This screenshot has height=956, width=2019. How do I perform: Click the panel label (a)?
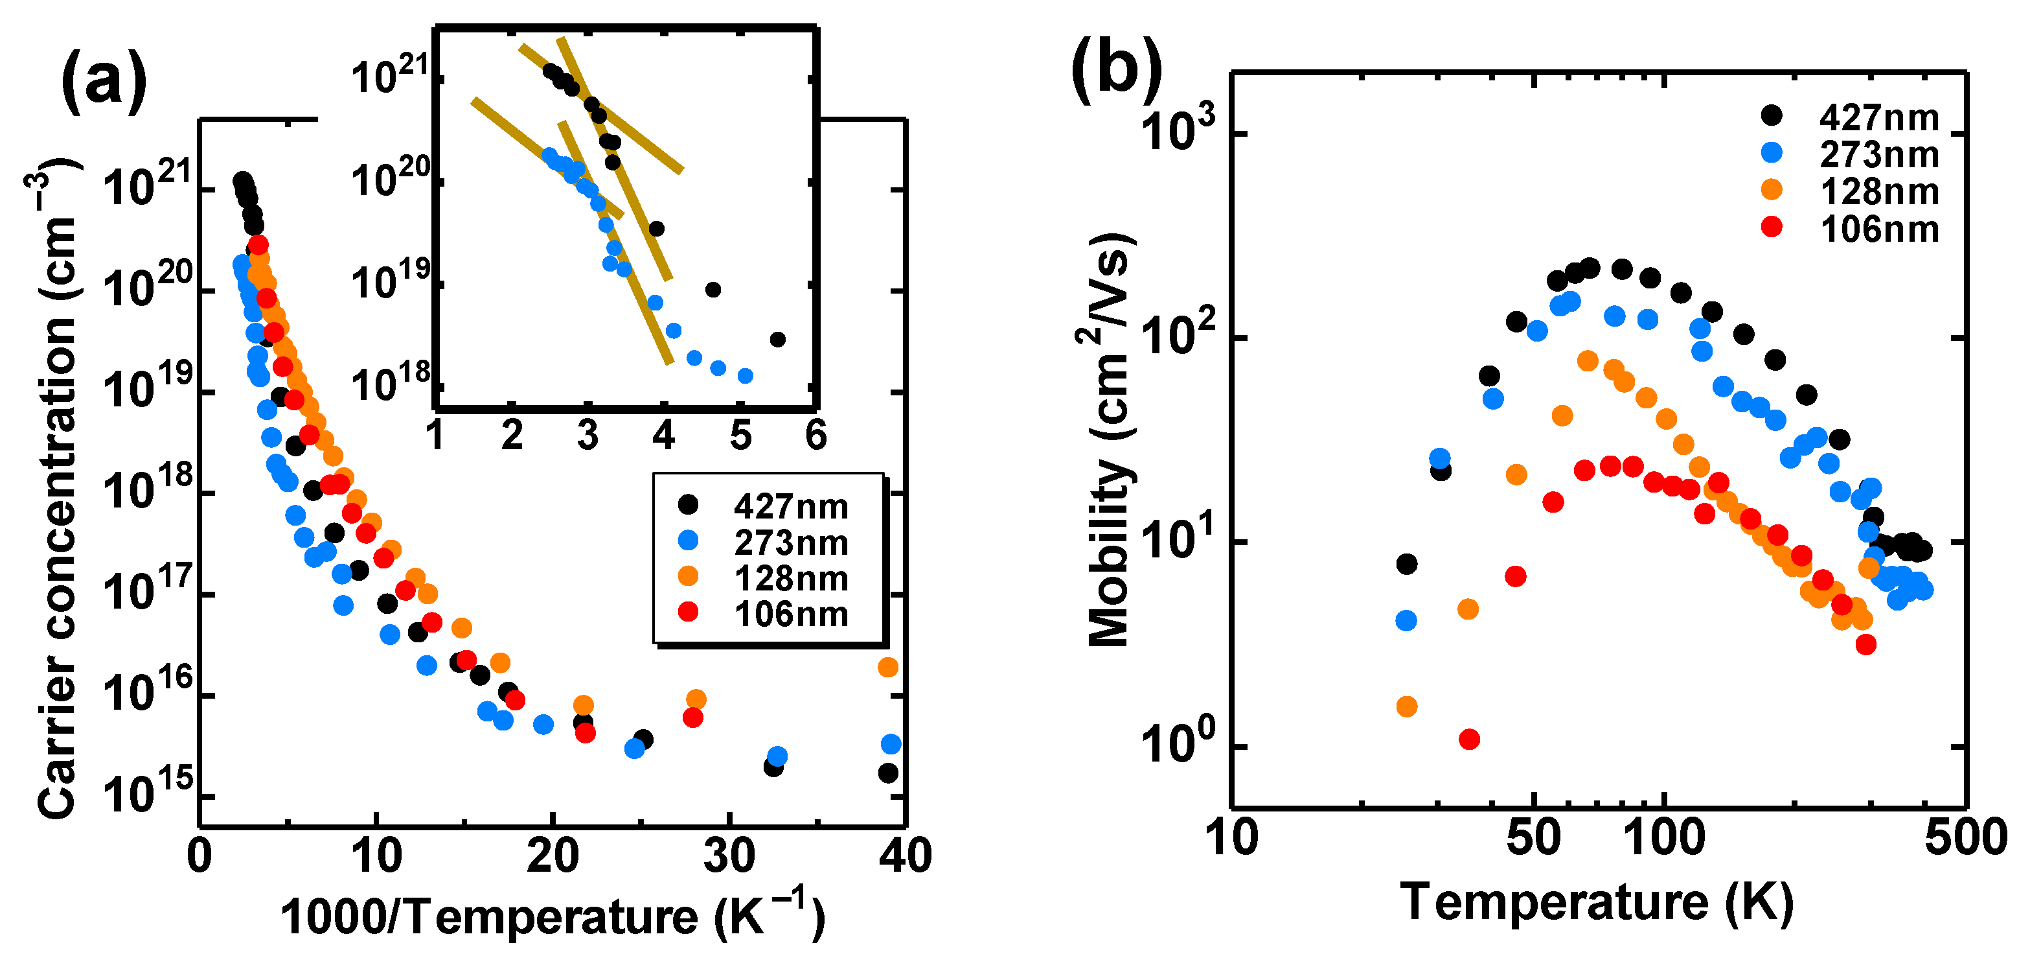104,80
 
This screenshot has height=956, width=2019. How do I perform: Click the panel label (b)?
1116,68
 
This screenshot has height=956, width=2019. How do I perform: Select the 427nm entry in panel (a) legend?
790,507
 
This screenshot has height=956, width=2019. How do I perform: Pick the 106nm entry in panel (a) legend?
790,614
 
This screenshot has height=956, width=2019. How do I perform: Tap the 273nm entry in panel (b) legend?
1878,154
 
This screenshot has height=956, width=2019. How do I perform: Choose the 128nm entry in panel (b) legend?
1878,191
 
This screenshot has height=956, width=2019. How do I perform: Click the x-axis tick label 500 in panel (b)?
1966,837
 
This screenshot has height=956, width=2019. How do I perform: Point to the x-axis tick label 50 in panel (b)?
1533,837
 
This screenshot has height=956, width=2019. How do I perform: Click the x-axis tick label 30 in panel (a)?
729,856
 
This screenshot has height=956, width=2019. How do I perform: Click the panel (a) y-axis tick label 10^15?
147,795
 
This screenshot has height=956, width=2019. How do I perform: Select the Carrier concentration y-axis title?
56,486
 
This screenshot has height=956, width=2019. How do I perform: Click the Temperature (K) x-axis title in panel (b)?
1597,902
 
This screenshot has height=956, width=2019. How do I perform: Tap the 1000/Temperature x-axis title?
553,915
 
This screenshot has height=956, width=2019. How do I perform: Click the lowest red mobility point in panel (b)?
1470,739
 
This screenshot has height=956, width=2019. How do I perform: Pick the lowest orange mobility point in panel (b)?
1407,706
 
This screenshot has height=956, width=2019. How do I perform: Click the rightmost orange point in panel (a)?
887,668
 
